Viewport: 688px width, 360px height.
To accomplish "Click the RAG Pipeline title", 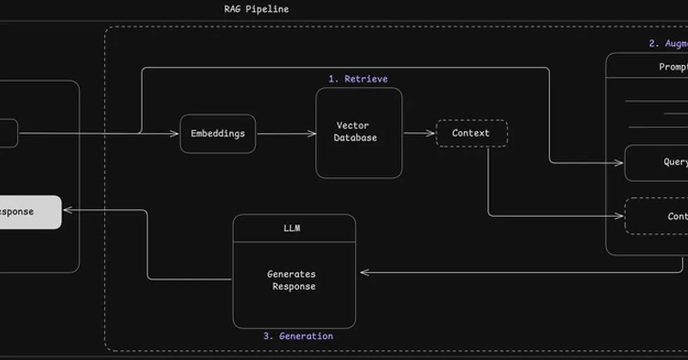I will pyautogui.click(x=256, y=9).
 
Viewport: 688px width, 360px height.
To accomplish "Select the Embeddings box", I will pyautogui.click(x=218, y=134).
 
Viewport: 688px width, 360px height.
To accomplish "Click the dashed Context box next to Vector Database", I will pyautogui.click(x=471, y=133).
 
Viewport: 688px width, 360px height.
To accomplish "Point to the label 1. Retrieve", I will pyautogui.click(x=358, y=79).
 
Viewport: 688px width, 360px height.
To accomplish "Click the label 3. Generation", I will pyautogui.click(x=298, y=336).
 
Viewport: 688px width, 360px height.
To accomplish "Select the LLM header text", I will pyautogui.click(x=292, y=228).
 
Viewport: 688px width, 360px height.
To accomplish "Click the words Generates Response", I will pyautogui.click(x=292, y=280).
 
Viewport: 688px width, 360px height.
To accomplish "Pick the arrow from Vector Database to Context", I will pyautogui.click(x=419, y=133).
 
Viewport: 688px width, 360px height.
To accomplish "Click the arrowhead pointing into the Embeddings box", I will pyautogui.click(x=175, y=134).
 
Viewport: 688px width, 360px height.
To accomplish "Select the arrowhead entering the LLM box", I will pyautogui.click(x=363, y=272).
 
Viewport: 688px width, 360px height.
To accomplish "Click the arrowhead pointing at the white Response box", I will pyautogui.click(x=67, y=210).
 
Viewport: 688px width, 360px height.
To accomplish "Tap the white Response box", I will pyautogui.click(x=29, y=212).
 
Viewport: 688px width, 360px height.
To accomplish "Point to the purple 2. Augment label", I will pyautogui.click(x=668, y=44).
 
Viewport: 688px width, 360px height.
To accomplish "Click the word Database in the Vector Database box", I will pyautogui.click(x=355, y=138).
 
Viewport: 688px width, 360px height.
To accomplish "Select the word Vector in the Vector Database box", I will pyautogui.click(x=353, y=126).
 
